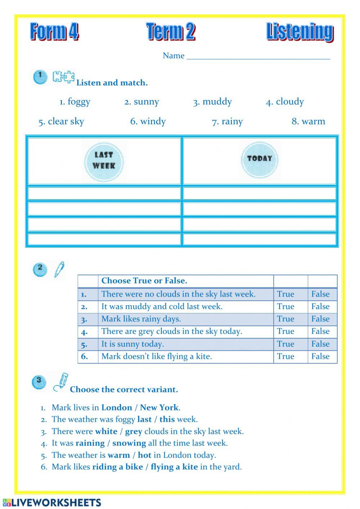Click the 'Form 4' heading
54,32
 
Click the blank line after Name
258,56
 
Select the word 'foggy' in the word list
79,102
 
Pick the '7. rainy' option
227,122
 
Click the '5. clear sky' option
61,122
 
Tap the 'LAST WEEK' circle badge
104,161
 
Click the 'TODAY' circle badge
259,158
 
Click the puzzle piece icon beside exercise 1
63,77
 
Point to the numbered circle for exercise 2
40,269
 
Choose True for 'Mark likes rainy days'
285,319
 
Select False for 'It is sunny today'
320,344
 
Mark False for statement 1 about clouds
320,294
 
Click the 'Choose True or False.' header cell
144,281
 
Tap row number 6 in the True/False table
85,357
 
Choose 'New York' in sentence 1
159,407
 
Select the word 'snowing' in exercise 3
129,443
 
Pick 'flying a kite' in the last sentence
174,467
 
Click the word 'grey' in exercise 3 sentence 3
134,431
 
